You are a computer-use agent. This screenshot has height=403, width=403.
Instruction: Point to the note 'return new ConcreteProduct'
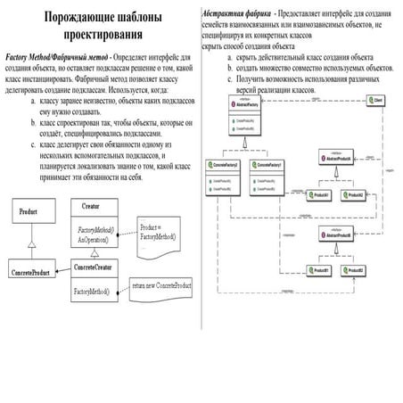[x=161, y=286]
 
